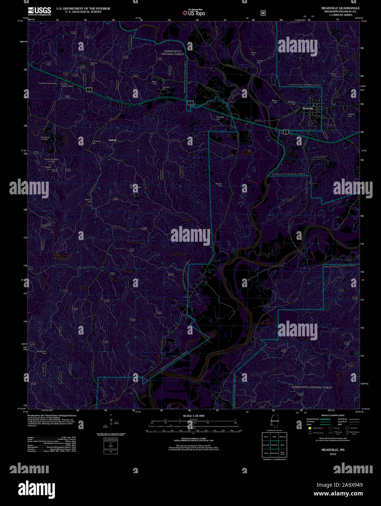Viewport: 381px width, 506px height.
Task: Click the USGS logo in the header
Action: pos(39,11)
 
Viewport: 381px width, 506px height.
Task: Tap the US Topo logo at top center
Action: pos(194,13)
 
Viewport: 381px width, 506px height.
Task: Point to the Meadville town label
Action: pos(308,108)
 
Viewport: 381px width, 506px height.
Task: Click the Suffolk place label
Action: pos(112,140)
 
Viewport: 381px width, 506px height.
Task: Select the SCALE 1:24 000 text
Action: pos(193,416)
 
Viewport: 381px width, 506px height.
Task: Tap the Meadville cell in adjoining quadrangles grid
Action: pos(274,444)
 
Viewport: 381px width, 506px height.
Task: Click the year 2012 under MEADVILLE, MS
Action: pos(333,454)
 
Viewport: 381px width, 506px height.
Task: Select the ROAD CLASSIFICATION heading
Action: pos(333,415)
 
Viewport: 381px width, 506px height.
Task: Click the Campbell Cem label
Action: pos(218,118)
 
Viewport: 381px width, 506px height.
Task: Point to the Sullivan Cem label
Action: pos(334,75)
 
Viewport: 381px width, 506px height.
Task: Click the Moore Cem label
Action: pos(274,102)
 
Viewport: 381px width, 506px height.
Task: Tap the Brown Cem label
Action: pos(254,54)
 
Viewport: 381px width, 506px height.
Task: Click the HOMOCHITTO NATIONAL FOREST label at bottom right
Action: pos(312,387)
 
